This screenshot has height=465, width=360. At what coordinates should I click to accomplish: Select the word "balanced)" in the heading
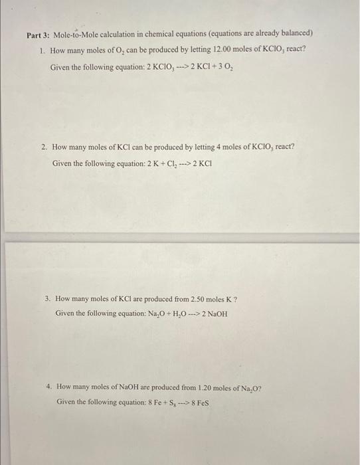tap(297, 33)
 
